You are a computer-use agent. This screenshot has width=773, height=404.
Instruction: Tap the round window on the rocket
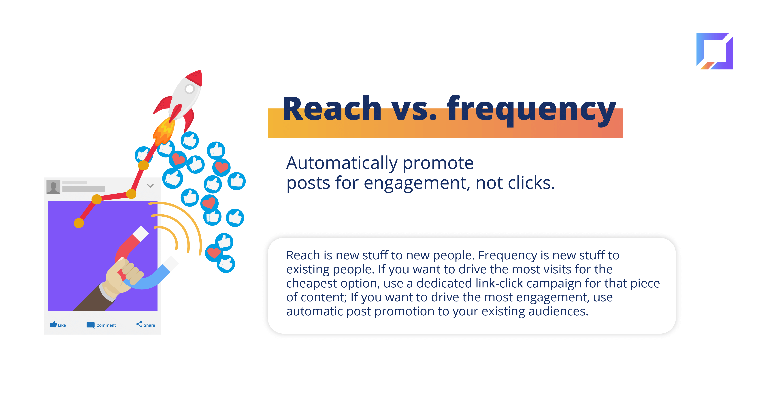(190, 89)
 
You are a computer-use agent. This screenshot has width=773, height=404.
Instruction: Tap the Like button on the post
(58, 325)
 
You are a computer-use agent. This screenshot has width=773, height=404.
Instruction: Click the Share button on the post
(146, 325)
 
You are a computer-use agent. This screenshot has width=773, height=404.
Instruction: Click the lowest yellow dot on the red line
(79, 223)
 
